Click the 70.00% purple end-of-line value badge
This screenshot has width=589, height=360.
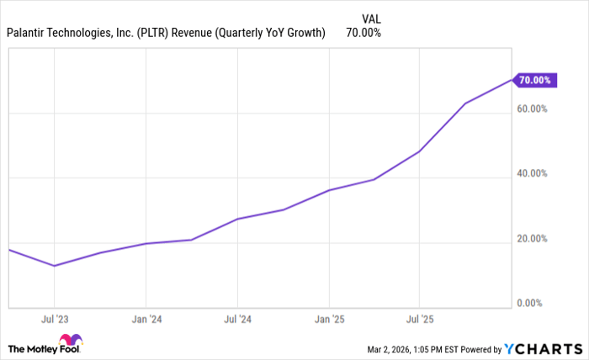[x=534, y=80]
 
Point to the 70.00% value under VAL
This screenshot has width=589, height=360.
[x=363, y=33]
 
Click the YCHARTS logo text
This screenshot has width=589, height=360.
[x=543, y=348]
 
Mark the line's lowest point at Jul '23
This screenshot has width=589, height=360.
[x=55, y=266]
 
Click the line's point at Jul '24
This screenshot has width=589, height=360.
[x=237, y=219]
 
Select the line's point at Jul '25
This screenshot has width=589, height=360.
[x=420, y=151]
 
